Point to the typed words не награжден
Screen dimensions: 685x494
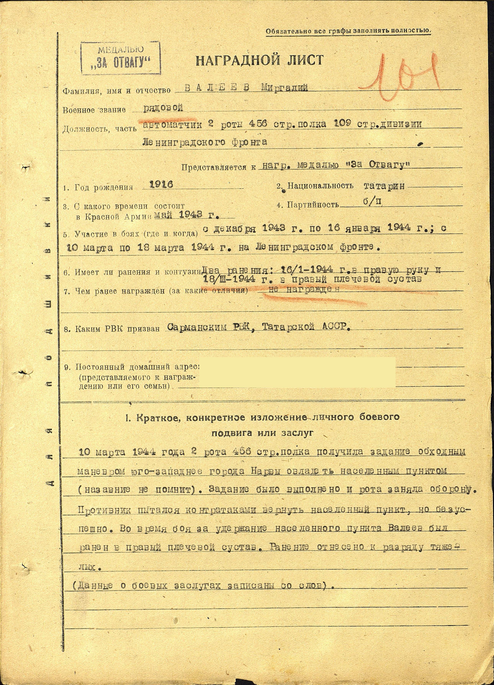point(304,290)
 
